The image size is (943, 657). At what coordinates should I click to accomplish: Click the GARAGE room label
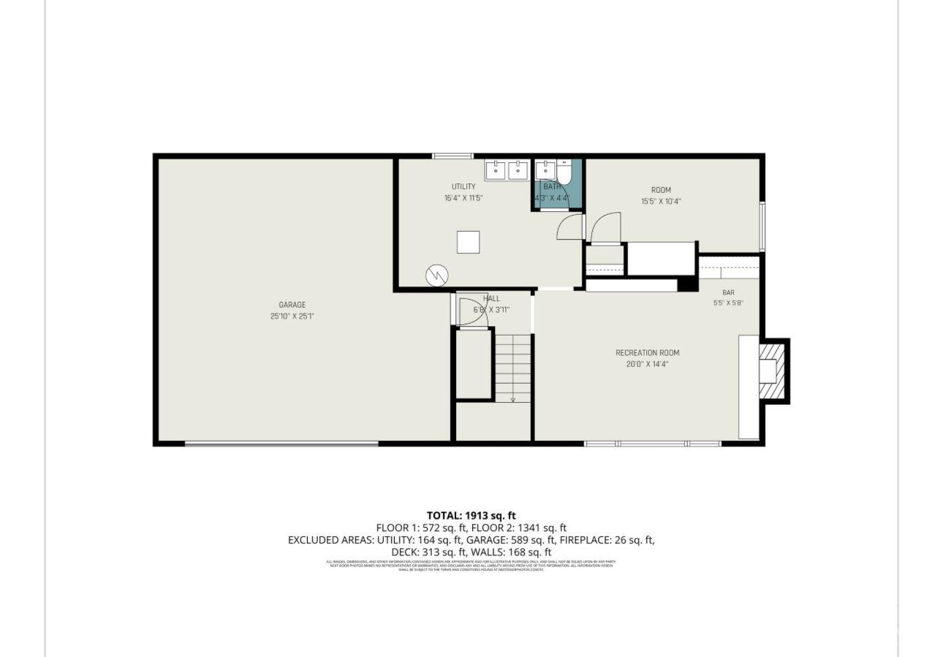click(x=292, y=305)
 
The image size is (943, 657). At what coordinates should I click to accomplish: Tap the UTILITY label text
click(x=463, y=187)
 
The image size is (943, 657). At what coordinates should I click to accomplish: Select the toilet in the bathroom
click(x=564, y=172)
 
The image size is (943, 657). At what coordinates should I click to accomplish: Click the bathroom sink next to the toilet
click(x=545, y=170)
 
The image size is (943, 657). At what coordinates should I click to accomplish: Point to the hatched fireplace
click(x=772, y=371)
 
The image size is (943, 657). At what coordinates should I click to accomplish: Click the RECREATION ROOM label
click(x=647, y=353)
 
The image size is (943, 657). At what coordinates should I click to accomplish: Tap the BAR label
click(x=728, y=292)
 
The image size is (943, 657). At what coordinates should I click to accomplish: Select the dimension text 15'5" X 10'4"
click(x=661, y=202)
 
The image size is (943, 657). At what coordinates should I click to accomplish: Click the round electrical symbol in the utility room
click(x=437, y=276)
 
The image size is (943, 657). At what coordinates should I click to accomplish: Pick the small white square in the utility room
click(x=468, y=242)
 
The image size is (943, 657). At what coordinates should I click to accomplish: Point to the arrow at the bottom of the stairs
click(x=512, y=400)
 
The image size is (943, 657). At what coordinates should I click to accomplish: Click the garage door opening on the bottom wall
click(x=281, y=444)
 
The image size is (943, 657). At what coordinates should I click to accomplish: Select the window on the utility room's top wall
click(x=452, y=156)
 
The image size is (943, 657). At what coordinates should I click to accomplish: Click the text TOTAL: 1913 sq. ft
click(x=471, y=515)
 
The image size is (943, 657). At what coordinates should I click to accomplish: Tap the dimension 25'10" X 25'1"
click(x=292, y=316)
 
